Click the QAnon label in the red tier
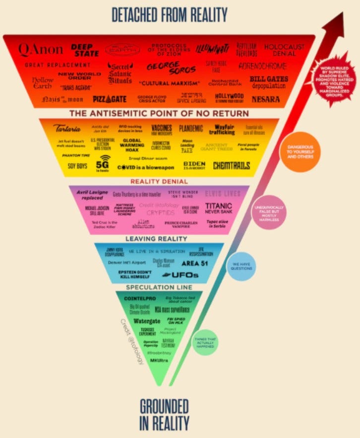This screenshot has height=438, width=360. click(41, 49)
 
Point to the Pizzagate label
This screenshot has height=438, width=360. click(110, 99)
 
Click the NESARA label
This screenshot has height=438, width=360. click(266, 99)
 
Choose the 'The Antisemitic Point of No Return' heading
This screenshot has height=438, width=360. click(159, 114)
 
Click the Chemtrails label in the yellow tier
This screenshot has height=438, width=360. click(232, 165)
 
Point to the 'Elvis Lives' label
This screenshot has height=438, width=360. click(222, 193)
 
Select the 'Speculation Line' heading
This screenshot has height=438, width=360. click(159, 287)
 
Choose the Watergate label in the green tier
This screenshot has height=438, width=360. click(147, 320)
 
